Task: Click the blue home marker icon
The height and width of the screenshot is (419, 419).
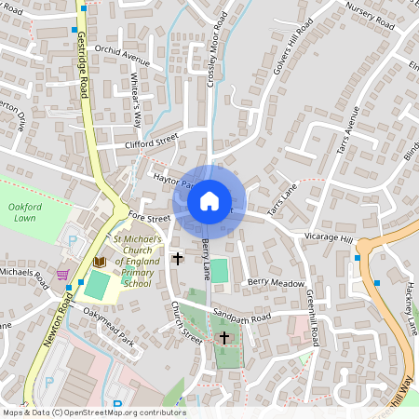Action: (x=209, y=200)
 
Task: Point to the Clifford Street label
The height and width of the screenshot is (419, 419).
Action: (x=151, y=142)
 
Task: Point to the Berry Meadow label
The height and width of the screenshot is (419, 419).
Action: (x=276, y=281)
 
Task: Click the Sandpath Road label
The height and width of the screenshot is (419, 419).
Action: (x=240, y=318)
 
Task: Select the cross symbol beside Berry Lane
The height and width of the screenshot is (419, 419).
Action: (x=178, y=257)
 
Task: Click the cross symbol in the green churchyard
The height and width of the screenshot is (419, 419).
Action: (x=223, y=336)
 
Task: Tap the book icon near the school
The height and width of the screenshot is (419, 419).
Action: (x=99, y=264)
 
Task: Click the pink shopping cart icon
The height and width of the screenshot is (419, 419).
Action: (x=62, y=275)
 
